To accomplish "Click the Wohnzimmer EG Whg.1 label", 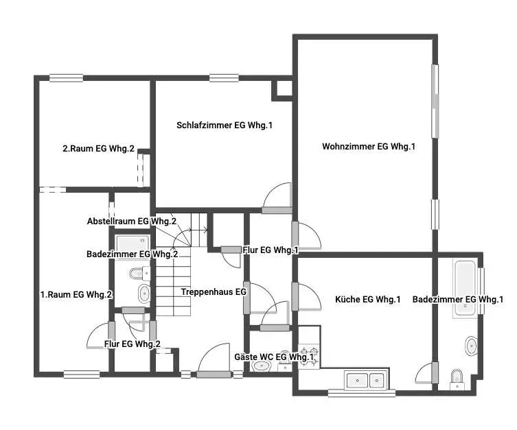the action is (369, 146).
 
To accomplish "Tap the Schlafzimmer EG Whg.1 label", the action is (225, 125).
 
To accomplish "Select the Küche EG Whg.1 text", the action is (367, 299).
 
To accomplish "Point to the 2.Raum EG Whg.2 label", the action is (99, 149).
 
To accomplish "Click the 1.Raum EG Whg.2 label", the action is (76, 294).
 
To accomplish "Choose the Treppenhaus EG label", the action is (214, 291).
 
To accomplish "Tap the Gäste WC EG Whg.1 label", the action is (274, 357).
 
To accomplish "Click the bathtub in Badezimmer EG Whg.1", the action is (466, 289).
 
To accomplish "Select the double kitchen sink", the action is (366, 381).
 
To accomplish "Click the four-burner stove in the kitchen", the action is (309, 356).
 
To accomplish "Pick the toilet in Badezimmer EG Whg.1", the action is (457, 380).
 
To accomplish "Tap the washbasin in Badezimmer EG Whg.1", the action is (471, 346).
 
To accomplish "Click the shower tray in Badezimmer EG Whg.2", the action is (133, 243).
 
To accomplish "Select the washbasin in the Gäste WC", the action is (262, 366).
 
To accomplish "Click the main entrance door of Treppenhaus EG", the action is (214, 374).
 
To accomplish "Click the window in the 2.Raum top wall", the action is (67, 78).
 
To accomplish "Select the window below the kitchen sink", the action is (362, 393).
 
